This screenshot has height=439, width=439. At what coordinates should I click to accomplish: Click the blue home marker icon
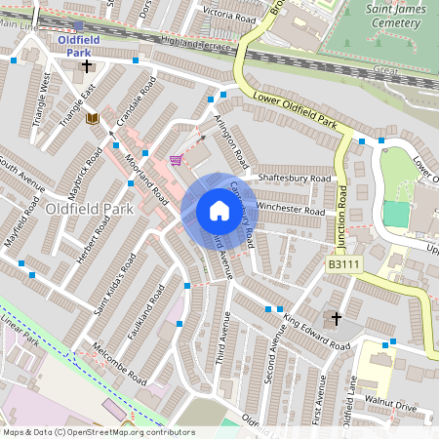click(x=219, y=211)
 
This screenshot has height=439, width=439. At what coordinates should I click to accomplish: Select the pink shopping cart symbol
click(x=176, y=160)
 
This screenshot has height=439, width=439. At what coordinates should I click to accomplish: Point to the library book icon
click(x=93, y=118)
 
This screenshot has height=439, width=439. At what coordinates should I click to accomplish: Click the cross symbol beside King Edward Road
click(x=337, y=318)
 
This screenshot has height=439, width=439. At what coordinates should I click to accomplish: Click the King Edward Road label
click(x=315, y=330)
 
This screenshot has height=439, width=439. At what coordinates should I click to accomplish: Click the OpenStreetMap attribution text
click(x=99, y=432)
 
